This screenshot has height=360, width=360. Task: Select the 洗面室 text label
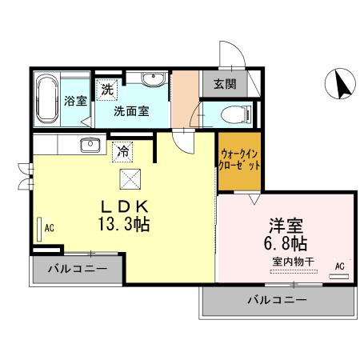point(130,111)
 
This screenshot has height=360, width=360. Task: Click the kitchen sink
point(88,145)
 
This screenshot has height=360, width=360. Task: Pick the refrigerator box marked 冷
point(123,148)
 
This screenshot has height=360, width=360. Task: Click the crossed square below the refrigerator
point(128,177)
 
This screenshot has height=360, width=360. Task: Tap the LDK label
point(124,203)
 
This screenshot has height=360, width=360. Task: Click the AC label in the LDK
point(50,228)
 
